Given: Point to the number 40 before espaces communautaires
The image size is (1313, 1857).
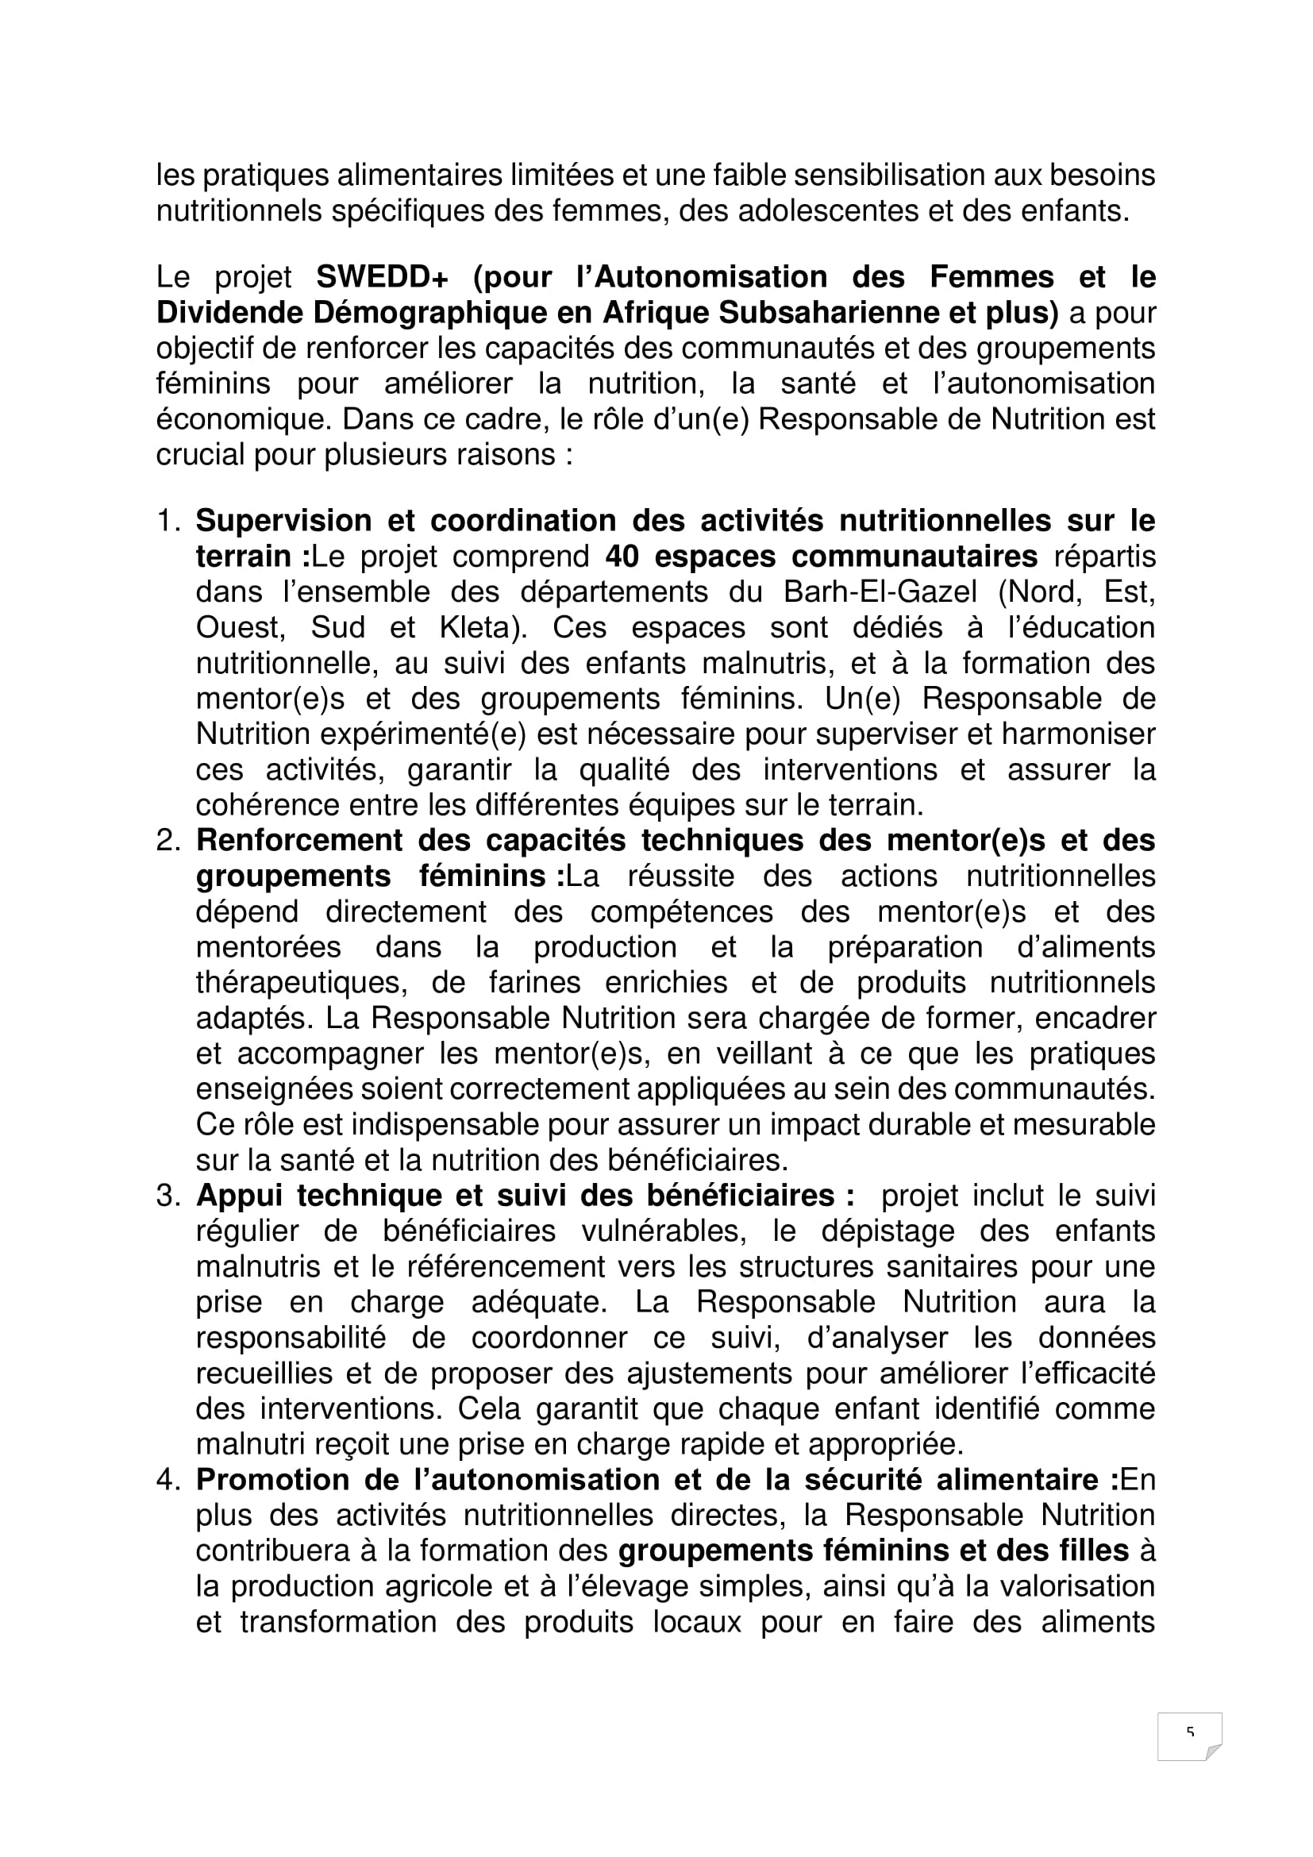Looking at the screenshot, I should tap(622, 557).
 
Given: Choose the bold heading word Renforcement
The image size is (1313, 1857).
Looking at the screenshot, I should tap(299, 841).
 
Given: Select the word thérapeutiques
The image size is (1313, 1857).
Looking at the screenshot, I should tap(300, 983).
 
